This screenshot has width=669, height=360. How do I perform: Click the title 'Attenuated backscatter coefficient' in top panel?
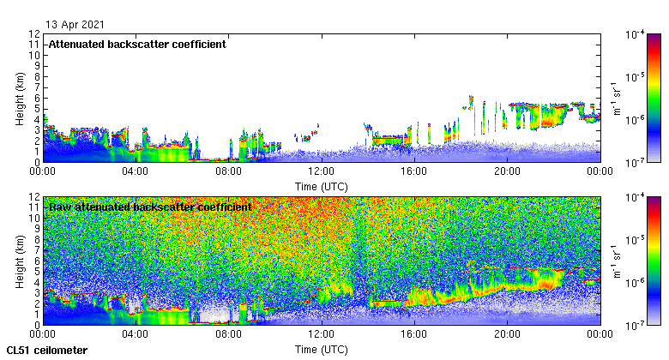[137, 44]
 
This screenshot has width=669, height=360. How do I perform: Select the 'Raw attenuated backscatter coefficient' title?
[149, 207]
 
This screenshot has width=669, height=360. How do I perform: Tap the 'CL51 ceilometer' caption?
[46, 351]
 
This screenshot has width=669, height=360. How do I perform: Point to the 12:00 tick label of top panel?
[321, 171]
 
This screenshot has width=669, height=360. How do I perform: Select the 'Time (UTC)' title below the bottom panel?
[321, 350]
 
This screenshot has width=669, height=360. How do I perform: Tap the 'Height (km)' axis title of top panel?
[19, 97]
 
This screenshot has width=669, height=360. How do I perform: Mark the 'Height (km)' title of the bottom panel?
[19, 261]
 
